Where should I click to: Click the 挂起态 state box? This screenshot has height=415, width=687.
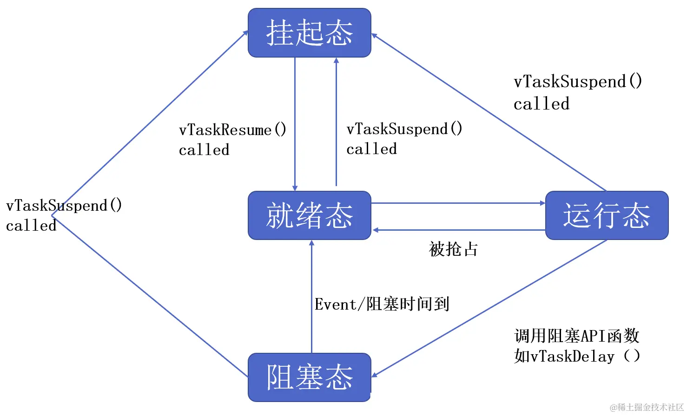pos(309,33)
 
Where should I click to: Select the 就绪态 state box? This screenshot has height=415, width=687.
pos(309,215)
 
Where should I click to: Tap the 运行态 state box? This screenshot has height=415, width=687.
pos(606,215)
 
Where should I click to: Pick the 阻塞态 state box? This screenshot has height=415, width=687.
pos(309,377)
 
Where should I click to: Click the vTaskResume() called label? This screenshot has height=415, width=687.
pos(232,139)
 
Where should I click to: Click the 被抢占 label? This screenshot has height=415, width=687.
pos(453,249)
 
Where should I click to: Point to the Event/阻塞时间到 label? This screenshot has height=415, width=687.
pos(382,304)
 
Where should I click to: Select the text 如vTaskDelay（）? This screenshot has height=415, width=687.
pos(577,357)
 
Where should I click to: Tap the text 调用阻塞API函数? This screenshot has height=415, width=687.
pos(577,336)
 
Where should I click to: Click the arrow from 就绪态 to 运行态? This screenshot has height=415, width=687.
pos(458,203)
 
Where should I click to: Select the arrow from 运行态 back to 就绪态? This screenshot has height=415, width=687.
pos(458,230)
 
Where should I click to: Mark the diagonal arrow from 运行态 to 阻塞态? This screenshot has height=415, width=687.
pos(488,309)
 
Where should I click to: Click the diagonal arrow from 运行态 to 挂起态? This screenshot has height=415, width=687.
pos(488,112)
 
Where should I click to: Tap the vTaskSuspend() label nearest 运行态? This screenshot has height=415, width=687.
pos(577,92)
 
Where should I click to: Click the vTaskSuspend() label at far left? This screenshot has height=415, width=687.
pos(64,215)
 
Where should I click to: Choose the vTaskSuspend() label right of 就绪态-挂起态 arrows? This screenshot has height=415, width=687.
pos(404,138)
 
